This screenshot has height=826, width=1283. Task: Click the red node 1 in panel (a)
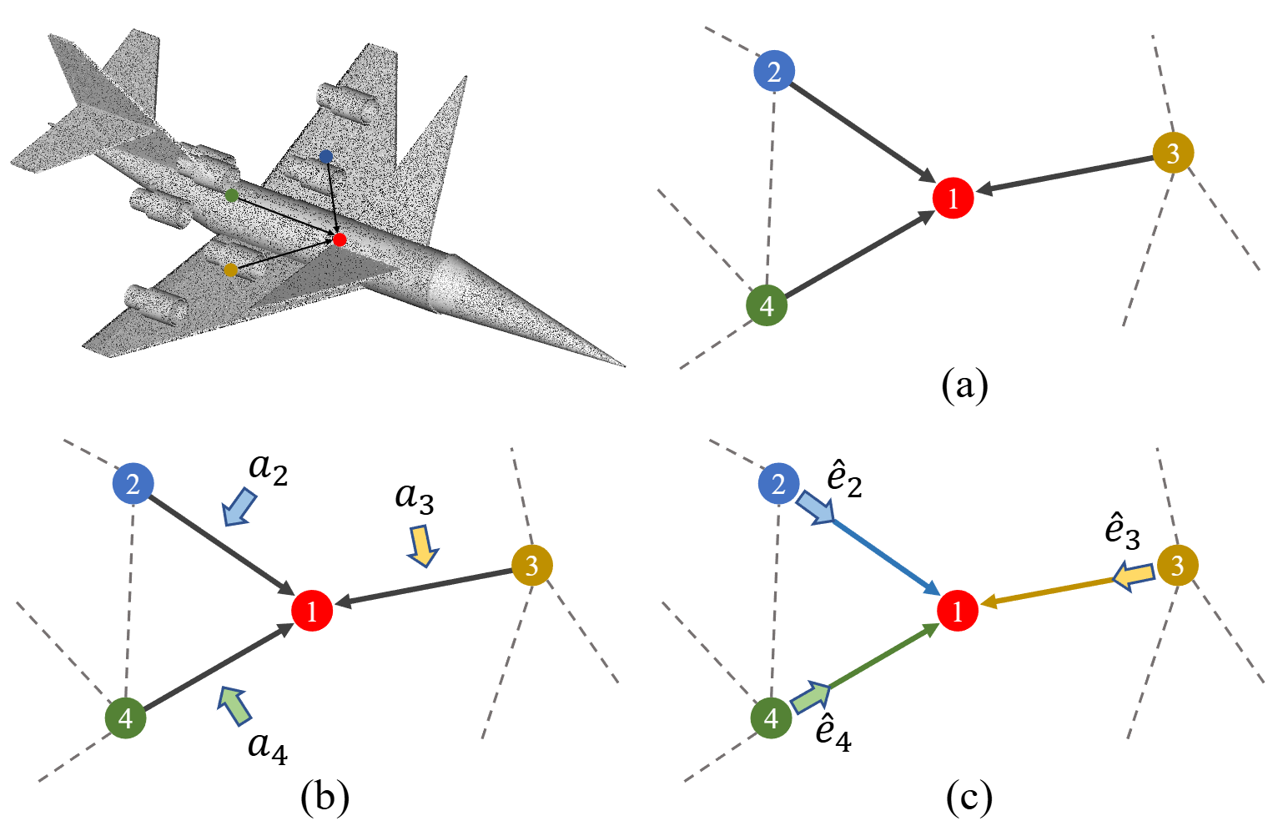coord(953,199)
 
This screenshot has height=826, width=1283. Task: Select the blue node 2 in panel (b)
coord(133,483)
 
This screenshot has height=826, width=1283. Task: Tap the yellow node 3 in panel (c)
coord(1177,566)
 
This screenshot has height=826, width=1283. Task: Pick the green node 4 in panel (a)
coord(767,305)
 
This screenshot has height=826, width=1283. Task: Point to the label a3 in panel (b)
coord(415,497)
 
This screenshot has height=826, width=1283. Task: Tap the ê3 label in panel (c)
coord(1122,531)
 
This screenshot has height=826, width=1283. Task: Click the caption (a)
coord(964,385)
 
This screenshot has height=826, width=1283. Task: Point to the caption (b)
coord(325,796)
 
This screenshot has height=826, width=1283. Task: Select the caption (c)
coord(969,797)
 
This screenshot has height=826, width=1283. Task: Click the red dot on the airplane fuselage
coord(339,239)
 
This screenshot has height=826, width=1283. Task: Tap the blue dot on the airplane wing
coord(326,156)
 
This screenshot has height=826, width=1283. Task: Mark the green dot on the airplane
coord(232,195)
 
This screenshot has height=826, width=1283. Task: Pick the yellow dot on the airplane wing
coord(231,269)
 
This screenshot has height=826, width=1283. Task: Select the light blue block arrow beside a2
coord(240,507)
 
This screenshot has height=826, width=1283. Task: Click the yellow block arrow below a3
coord(422,546)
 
